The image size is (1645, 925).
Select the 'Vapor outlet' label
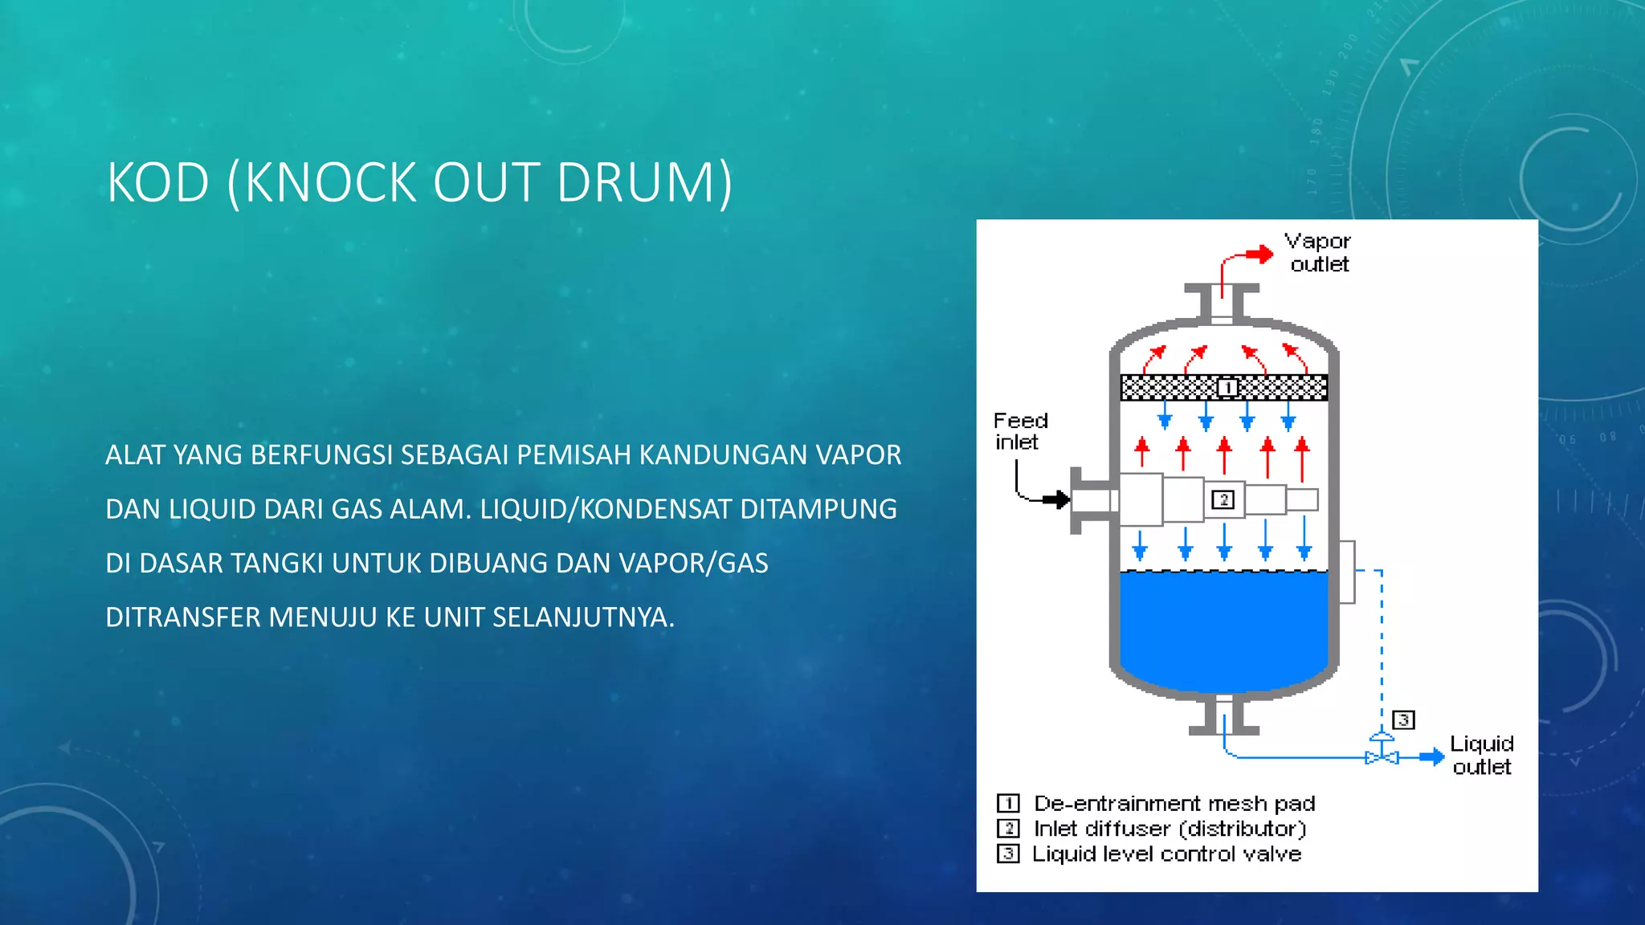pos(1318,253)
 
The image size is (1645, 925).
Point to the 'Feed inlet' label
pos(1020,431)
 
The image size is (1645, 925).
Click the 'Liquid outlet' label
pos(1481,756)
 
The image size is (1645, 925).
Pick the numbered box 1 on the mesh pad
pos(1227,388)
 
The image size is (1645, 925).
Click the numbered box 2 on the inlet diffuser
pos(1223,499)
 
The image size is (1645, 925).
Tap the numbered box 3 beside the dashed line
pos(1403,719)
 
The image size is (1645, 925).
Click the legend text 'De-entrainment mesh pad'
pos(1174,804)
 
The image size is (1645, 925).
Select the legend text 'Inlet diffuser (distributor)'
pos(1169,829)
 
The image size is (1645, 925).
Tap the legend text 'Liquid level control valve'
pos(1166,854)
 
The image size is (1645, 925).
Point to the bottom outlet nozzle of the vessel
pos(1223,716)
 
